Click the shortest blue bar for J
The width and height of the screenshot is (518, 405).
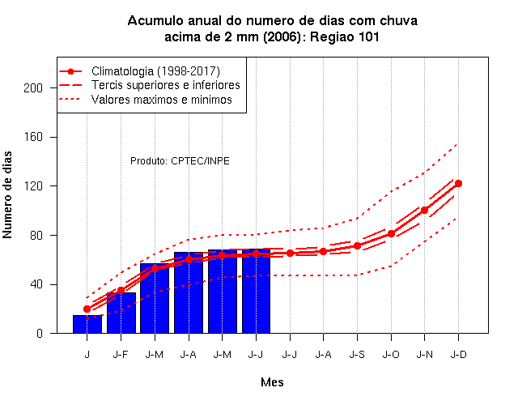[87, 324]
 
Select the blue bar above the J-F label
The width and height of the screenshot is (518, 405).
[121, 313]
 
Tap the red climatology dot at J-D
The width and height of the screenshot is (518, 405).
[458, 184]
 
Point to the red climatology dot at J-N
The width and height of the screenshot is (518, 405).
[424, 210]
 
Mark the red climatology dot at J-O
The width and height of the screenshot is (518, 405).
[391, 234]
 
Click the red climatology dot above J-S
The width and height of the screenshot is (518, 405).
[357, 246]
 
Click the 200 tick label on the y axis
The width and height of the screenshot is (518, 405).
[33, 88]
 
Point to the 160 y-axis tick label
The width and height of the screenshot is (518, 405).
[33, 137]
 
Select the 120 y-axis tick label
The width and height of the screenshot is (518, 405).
[33, 186]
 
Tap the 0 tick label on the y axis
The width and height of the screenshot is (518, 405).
[40, 333]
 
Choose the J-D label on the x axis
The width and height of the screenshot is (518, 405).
[459, 355]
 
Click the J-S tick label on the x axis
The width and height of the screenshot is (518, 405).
[357, 355]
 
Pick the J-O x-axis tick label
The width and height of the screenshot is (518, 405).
[391, 355]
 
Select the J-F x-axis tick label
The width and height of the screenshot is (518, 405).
[121, 355]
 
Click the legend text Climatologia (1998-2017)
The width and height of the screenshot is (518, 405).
[155, 71]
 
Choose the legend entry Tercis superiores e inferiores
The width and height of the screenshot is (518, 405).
[165, 85]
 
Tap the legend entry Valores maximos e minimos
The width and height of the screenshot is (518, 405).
[162, 100]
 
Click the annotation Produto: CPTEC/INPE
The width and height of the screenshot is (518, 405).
[180, 161]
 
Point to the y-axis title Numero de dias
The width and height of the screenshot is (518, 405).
[7, 195]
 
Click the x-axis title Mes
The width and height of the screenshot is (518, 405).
[272, 382]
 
